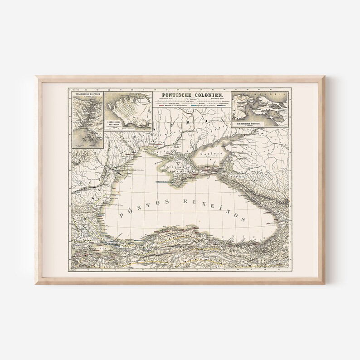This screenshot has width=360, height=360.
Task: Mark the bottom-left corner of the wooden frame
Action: click(x=36, y=284)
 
